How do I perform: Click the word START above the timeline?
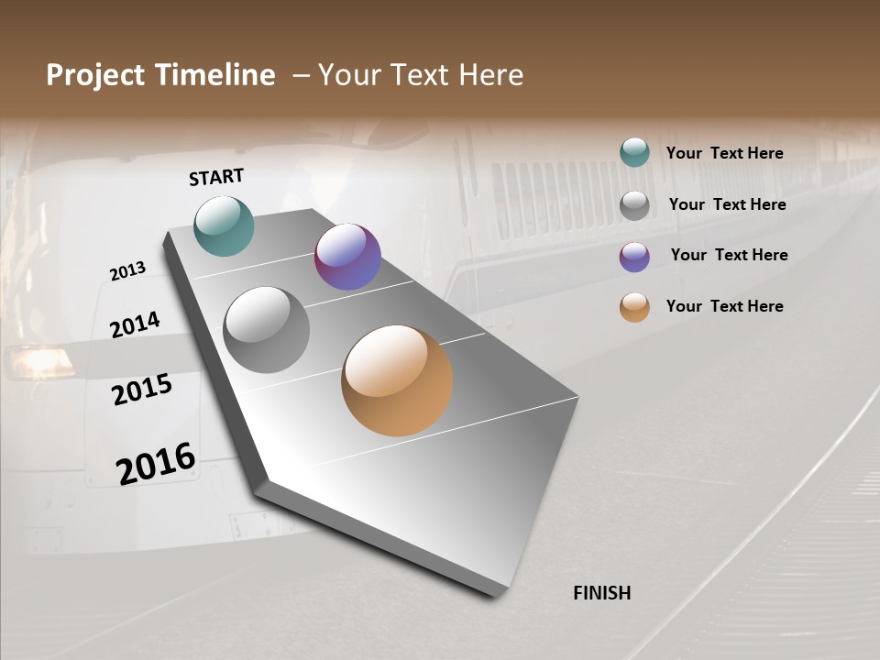pos(216,177)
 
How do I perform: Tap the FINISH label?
pos(601,593)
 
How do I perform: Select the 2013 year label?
pos(127,271)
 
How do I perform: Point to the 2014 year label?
pos(135,324)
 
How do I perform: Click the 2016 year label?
pos(156,463)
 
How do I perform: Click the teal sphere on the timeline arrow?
pos(224,225)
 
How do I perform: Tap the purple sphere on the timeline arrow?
pos(347,257)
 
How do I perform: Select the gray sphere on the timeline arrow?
pos(266,330)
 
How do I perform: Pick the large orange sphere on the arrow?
pos(397,380)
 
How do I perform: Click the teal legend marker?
pos(634,153)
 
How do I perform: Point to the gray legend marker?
pos(634,204)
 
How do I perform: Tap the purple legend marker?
pos(634,256)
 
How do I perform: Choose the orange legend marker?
pos(634,307)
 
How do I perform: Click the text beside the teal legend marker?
pos(724,154)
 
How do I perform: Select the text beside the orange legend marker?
pos(724,306)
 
